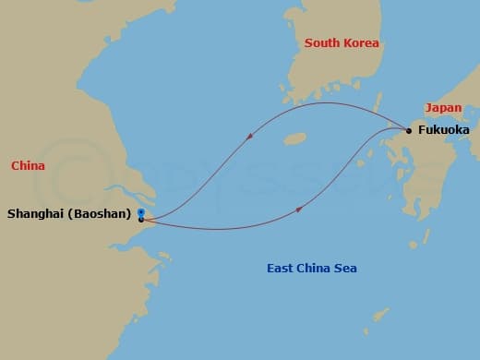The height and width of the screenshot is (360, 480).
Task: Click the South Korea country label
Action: point(342,43)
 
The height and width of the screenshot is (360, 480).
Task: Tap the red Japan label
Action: point(443,107)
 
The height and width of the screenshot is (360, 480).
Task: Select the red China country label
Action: point(28,165)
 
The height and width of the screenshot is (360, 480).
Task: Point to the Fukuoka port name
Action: point(444,130)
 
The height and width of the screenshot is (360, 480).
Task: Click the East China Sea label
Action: point(311,269)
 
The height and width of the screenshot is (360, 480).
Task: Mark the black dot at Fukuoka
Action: point(409,130)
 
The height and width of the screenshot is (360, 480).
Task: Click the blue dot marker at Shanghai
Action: point(140,212)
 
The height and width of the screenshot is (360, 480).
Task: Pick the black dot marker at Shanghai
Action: point(140,220)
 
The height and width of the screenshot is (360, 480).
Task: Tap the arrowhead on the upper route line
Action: point(252,137)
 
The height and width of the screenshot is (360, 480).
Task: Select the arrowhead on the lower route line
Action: point(300,210)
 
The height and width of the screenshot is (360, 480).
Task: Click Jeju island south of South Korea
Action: point(294,139)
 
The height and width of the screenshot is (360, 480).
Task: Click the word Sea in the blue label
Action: point(345,269)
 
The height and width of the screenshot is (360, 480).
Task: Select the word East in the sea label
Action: point(281,269)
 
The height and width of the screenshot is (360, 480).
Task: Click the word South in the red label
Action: point(322,43)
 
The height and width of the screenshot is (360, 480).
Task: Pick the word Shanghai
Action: point(34,214)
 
